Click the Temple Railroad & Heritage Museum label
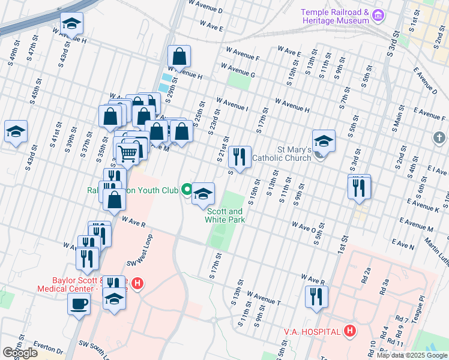(334, 16)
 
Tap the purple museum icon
(378, 14)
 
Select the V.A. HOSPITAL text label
(313, 331)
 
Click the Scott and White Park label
(226, 215)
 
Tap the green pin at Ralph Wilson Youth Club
(187, 191)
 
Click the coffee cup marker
(78, 303)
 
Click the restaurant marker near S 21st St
(240, 157)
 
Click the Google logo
(20, 353)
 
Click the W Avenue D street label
(205, 11)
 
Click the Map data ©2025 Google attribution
(412, 355)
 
